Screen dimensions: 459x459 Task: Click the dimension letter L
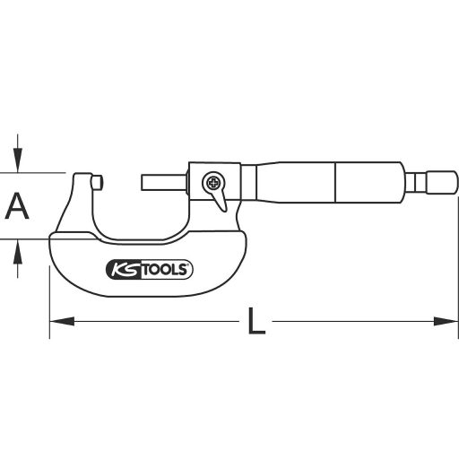256,321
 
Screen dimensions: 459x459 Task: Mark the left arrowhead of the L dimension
56,319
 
